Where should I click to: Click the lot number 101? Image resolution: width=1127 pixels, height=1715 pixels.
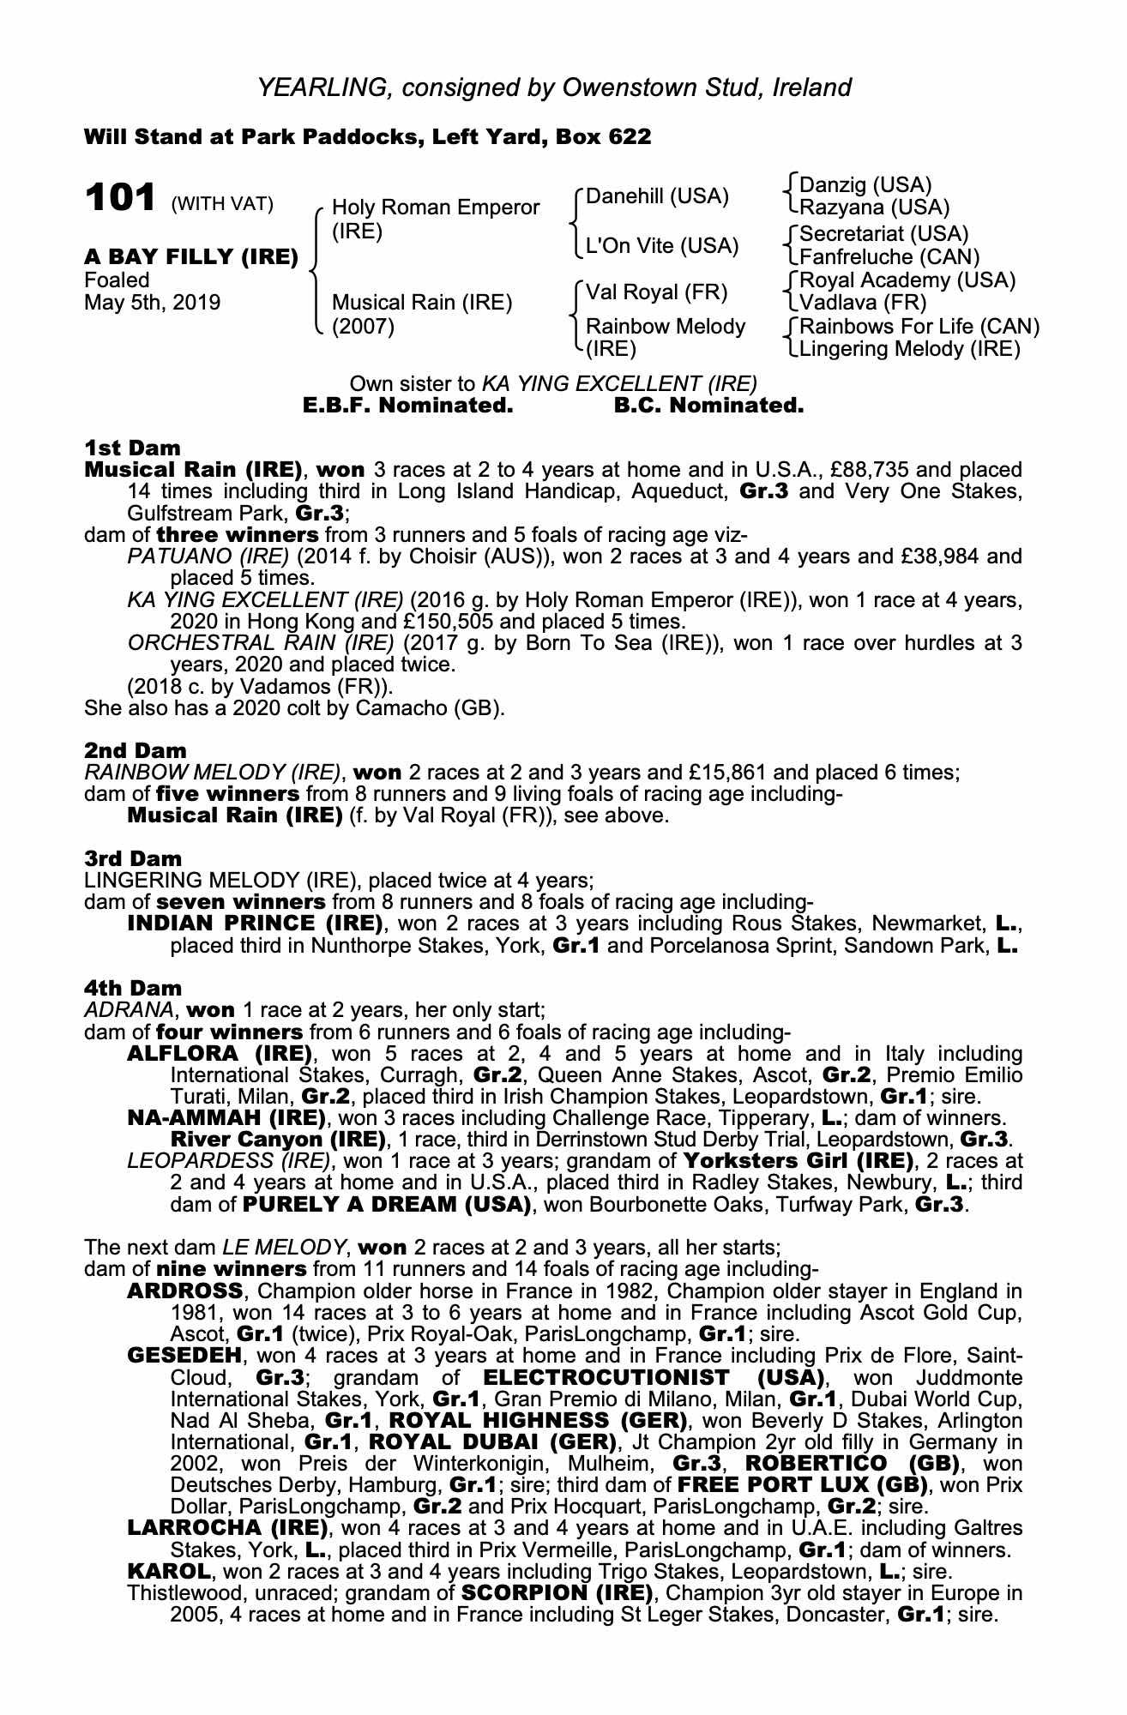(119, 198)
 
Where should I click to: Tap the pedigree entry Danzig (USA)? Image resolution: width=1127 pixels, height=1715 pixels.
(865, 185)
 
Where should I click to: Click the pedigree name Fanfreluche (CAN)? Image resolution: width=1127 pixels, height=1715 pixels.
(889, 256)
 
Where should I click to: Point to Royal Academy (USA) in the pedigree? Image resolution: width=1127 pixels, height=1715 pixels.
(907, 280)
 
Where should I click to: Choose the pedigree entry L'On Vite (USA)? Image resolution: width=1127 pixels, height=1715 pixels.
(661, 246)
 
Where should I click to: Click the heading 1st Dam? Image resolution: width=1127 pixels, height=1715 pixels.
(132, 448)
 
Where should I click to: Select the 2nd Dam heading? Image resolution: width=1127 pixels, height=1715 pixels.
(135, 750)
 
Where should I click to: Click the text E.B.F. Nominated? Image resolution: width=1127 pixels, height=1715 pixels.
(408, 406)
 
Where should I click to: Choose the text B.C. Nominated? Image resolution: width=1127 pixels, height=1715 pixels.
(708, 406)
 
